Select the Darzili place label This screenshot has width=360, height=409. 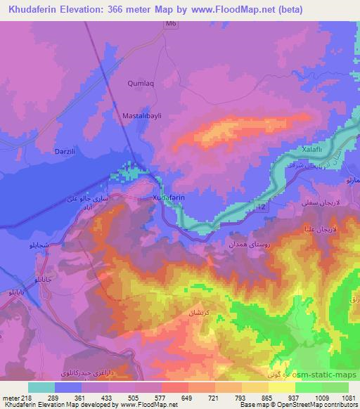tap(65, 150)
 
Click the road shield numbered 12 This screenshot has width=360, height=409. tap(262, 208)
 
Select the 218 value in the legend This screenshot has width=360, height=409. tap(27, 398)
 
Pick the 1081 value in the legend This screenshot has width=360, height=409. tap(347, 398)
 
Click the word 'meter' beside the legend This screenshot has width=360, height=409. tap(10, 398)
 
